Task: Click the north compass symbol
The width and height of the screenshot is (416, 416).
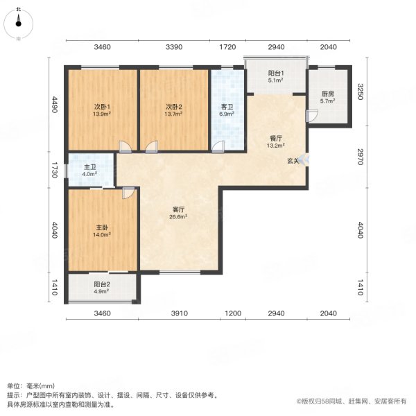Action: click(18, 24)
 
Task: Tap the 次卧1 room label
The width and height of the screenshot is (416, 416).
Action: click(102, 107)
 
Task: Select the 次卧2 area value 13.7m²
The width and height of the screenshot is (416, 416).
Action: click(174, 114)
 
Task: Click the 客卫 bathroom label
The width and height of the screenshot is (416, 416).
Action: click(227, 107)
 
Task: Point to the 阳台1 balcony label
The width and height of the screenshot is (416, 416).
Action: click(276, 73)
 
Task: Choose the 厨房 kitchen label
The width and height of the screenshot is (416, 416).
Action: click(328, 94)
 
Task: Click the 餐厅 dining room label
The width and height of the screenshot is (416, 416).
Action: click(276, 138)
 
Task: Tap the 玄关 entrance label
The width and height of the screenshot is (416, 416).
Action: click(293, 161)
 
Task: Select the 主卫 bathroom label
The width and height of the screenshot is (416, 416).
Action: click(90, 167)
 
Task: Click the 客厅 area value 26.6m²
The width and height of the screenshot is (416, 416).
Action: click(178, 217)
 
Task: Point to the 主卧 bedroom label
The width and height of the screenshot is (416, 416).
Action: click(102, 227)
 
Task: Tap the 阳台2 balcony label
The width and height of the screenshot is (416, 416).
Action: click(102, 284)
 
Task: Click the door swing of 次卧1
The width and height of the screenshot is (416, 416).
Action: click(125, 147)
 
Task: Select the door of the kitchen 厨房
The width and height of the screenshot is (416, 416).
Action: click(312, 116)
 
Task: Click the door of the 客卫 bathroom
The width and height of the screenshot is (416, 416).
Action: click(218, 147)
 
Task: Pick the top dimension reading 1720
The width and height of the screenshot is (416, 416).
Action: click(227, 47)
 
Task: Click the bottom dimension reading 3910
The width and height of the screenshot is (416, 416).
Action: click(180, 313)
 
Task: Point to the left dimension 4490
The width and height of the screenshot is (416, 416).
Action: click(54, 105)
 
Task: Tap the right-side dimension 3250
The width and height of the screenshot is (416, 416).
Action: click(360, 92)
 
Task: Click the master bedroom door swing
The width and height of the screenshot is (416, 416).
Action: click(129, 193)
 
